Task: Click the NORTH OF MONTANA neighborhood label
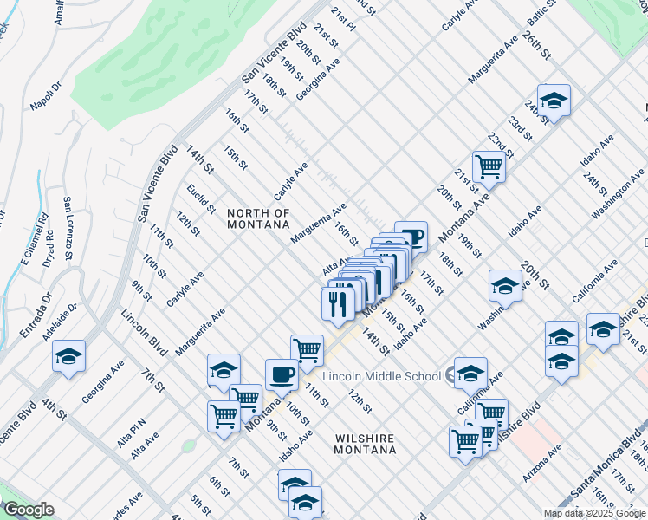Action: click(x=257, y=218)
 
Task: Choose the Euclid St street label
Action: click(x=201, y=198)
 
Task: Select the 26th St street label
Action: click(x=537, y=42)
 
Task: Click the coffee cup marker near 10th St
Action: click(x=282, y=375)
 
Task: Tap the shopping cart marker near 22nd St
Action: click(x=489, y=166)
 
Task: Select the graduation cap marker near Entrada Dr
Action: click(x=68, y=355)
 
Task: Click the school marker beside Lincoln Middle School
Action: click(x=470, y=373)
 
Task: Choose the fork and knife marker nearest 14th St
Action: click(x=335, y=304)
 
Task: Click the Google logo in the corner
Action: click(x=29, y=510)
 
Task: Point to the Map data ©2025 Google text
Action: click(x=593, y=513)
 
